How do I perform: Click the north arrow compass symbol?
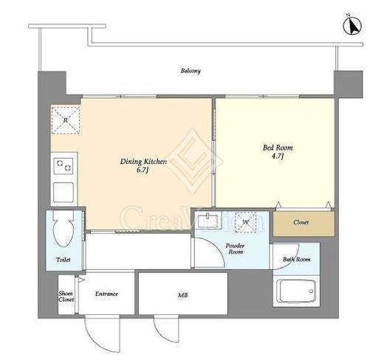(x=352, y=26)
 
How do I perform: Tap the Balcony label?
(x=191, y=71)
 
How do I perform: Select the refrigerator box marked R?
(x=66, y=120)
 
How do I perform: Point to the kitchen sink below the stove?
(x=64, y=193)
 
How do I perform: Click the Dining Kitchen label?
(x=143, y=162)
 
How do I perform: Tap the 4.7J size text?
(x=278, y=156)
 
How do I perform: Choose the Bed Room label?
(x=278, y=148)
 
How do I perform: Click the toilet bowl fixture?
(x=64, y=229)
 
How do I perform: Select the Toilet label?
(x=64, y=260)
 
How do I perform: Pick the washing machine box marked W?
(x=246, y=222)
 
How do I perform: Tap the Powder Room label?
(x=236, y=249)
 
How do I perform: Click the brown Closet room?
(x=304, y=224)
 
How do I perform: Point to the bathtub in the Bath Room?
(x=296, y=291)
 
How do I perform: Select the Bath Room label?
(x=297, y=259)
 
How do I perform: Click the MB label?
(x=183, y=295)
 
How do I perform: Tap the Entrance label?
(x=106, y=294)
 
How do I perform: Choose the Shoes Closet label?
(x=66, y=297)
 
